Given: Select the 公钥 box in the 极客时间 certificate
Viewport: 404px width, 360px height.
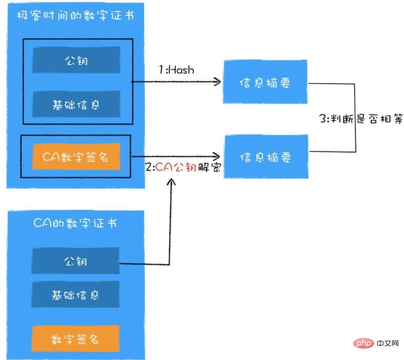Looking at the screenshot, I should point(76,60).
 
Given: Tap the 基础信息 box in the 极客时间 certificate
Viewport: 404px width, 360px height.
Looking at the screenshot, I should point(76,104).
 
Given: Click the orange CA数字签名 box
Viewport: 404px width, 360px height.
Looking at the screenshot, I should point(76,157).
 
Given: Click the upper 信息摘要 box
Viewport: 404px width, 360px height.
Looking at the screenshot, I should point(265,82).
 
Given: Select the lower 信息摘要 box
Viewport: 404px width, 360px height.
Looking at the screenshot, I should point(265,157).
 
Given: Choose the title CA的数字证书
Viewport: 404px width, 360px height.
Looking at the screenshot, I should point(75,223).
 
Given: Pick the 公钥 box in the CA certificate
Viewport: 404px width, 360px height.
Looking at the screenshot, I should point(75,261).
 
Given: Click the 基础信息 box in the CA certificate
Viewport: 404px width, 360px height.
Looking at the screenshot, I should point(75,295).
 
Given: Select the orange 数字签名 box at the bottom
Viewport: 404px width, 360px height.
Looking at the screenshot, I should point(75,338).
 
